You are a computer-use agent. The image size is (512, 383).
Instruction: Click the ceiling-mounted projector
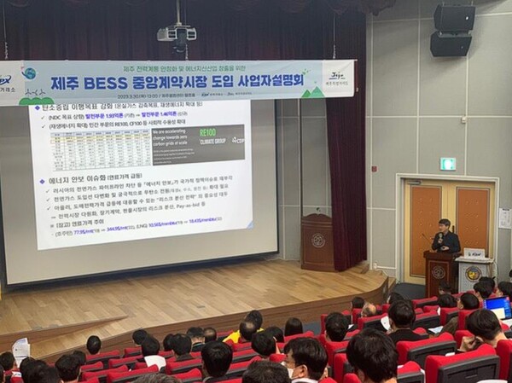tap(177, 34)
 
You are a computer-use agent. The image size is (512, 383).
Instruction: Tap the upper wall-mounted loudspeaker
tap(453, 17)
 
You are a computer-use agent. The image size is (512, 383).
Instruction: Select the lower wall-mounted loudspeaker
tap(450, 44)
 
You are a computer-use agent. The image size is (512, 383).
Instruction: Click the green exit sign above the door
tap(447, 164)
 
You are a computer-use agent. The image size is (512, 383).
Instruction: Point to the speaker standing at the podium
tap(444, 236)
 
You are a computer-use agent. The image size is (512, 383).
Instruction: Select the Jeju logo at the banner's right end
tap(336, 78)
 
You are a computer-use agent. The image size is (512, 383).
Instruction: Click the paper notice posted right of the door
tap(504, 218)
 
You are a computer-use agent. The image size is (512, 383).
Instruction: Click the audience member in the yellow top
tap(233, 335)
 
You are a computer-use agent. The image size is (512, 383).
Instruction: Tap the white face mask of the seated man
tap(294, 372)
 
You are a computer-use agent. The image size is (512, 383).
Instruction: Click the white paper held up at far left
tap(20, 348)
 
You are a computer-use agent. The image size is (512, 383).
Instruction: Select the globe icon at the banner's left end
tap(29, 74)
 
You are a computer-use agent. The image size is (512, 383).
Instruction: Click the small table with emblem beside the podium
tap(472, 274)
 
